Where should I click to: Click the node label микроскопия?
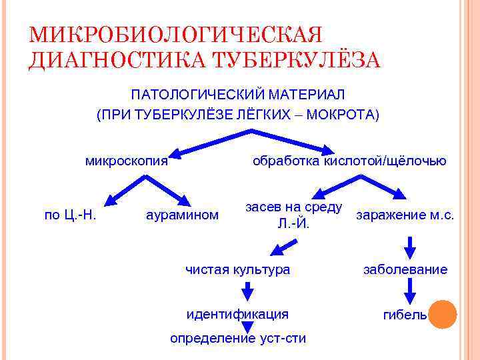click(x=126, y=161)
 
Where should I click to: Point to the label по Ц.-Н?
click(x=71, y=215)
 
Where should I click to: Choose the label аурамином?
click(x=182, y=215)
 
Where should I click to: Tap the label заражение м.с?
click(x=405, y=215)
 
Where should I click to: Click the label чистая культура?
click(x=237, y=269)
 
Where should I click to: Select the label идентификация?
click(x=237, y=313)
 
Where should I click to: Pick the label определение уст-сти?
click(x=237, y=338)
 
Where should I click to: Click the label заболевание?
click(x=405, y=269)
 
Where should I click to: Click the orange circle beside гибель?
click(x=443, y=314)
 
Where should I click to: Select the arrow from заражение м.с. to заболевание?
click(x=410, y=247)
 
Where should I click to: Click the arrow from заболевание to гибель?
click(x=410, y=291)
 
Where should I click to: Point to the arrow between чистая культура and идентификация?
click(x=247, y=291)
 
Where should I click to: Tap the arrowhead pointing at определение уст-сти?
click(x=247, y=327)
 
